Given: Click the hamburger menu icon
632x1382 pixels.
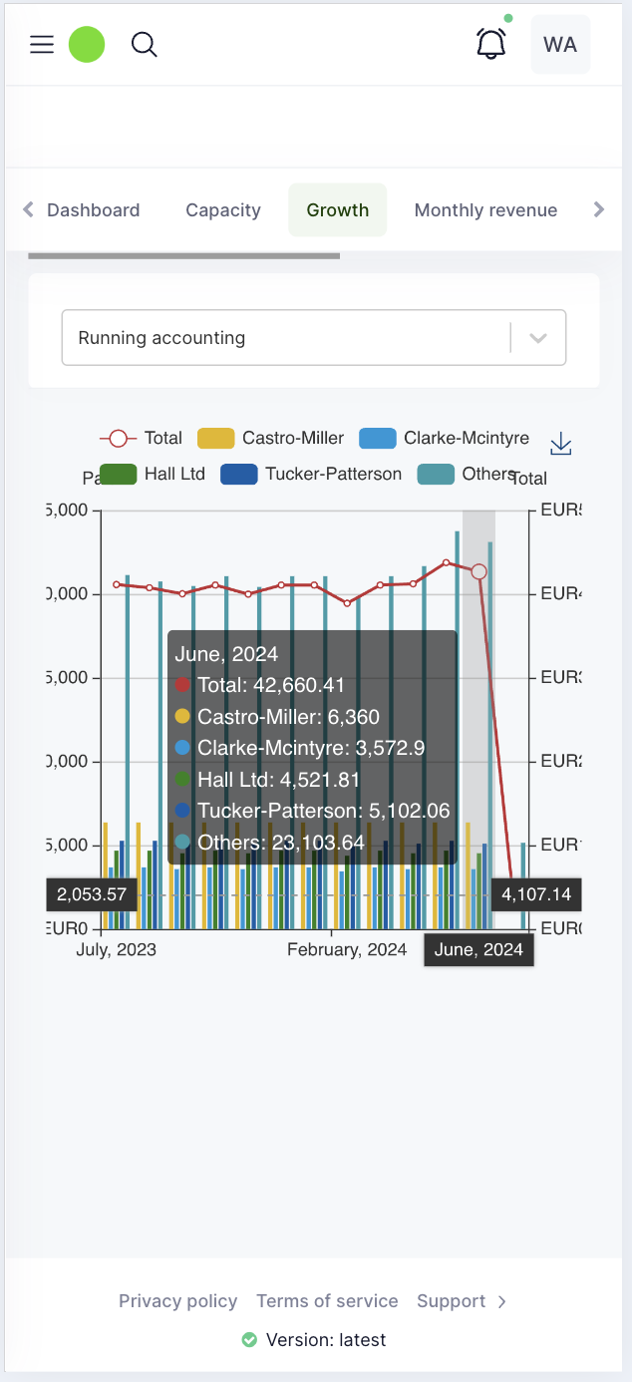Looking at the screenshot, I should point(42,45).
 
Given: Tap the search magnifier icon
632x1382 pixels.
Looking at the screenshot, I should point(145,45).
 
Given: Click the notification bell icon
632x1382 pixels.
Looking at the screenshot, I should point(490,44).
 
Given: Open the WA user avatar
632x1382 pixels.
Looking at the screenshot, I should point(560,45).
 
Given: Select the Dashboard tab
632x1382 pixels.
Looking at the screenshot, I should point(94,210).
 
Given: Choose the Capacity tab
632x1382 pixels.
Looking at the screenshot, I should point(223,210).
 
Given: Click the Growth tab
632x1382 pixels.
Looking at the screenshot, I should point(338,210).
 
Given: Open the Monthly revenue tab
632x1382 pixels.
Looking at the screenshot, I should point(485,210).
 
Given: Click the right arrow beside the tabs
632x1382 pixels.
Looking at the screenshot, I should point(598,209).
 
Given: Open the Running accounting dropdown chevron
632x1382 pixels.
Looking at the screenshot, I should point(538,338).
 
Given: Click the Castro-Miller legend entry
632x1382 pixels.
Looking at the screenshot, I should point(271,438).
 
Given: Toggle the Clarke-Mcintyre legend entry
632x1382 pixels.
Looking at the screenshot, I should point(445,438).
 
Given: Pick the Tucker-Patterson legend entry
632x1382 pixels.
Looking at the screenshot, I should point(311,474).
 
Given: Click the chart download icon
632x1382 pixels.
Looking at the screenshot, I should point(561,444).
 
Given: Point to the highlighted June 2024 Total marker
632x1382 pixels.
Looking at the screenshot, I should point(479,571).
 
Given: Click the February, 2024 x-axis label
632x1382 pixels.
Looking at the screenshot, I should point(347,949).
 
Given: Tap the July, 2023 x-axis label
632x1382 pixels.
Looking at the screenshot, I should point(117,949).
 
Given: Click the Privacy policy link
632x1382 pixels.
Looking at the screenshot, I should point(177,1301).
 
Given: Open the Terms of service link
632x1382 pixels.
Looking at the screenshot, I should point(327,1301).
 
